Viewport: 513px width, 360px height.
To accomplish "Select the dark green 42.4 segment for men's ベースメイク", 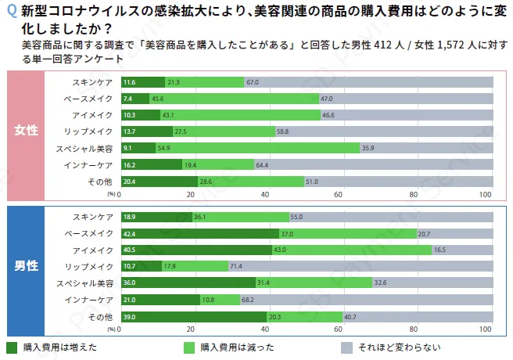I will click(199, 233).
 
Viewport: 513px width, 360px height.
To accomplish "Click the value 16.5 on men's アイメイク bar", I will click(439, 250).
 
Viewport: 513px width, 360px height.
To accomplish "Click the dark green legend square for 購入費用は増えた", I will click(12, 347).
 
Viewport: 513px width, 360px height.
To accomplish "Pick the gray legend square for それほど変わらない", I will click(347, 347).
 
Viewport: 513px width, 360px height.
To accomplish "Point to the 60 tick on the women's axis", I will click(339, 195).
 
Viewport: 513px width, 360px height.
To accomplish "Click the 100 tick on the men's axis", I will click(486, 330).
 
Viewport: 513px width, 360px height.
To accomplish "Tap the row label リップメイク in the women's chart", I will click(93, 131).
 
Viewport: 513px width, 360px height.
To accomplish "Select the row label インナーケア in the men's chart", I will click(93, 300).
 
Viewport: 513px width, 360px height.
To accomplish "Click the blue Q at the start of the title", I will click(10, 13).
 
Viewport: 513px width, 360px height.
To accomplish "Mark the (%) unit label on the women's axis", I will click(111, 194).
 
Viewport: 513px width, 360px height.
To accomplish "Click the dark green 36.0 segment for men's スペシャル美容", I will click(188, 283).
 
